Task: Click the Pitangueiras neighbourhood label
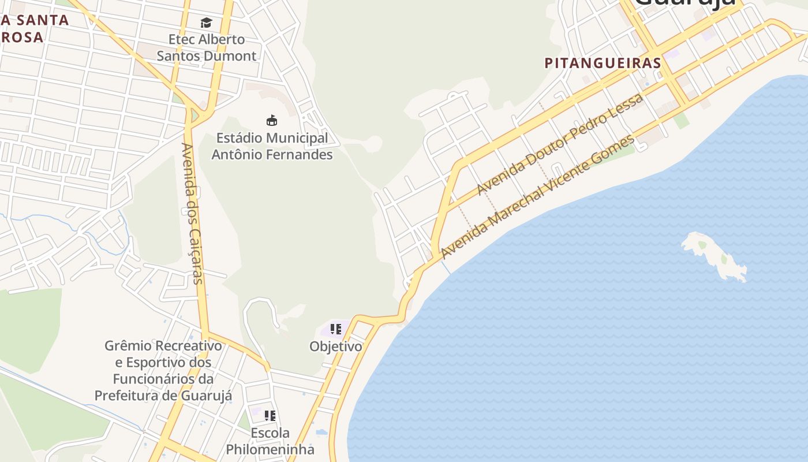pyautogui.click(x=603, y=63)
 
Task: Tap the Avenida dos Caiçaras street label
pyautogui.click(x=192, y=214)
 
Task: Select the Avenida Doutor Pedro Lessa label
pyautogui.click(x=560, y=144)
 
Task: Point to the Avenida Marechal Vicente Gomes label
pyautogui.click(x=537, y=197)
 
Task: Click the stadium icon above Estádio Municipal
pyautogui.click(x=271, y=120)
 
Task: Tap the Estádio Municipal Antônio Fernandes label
pyautogui.click(x=272, y=146)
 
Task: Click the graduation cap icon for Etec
pyautogui.click(x=206, y=23)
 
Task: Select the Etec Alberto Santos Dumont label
pyautogui.click(x=207, y=47)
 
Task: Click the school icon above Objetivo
pyautogui.click(x=335, y=329)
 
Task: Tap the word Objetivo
pyautogui.click(x=336, y=346)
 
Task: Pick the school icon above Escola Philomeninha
pyautogui.click(x=270, y=415)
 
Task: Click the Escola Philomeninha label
pyautogui.click(x=270, y=441)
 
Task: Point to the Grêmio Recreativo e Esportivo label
pyautogui.click(x=163, y=370)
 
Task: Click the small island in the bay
pyautogui.click(x=714, y=255)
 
